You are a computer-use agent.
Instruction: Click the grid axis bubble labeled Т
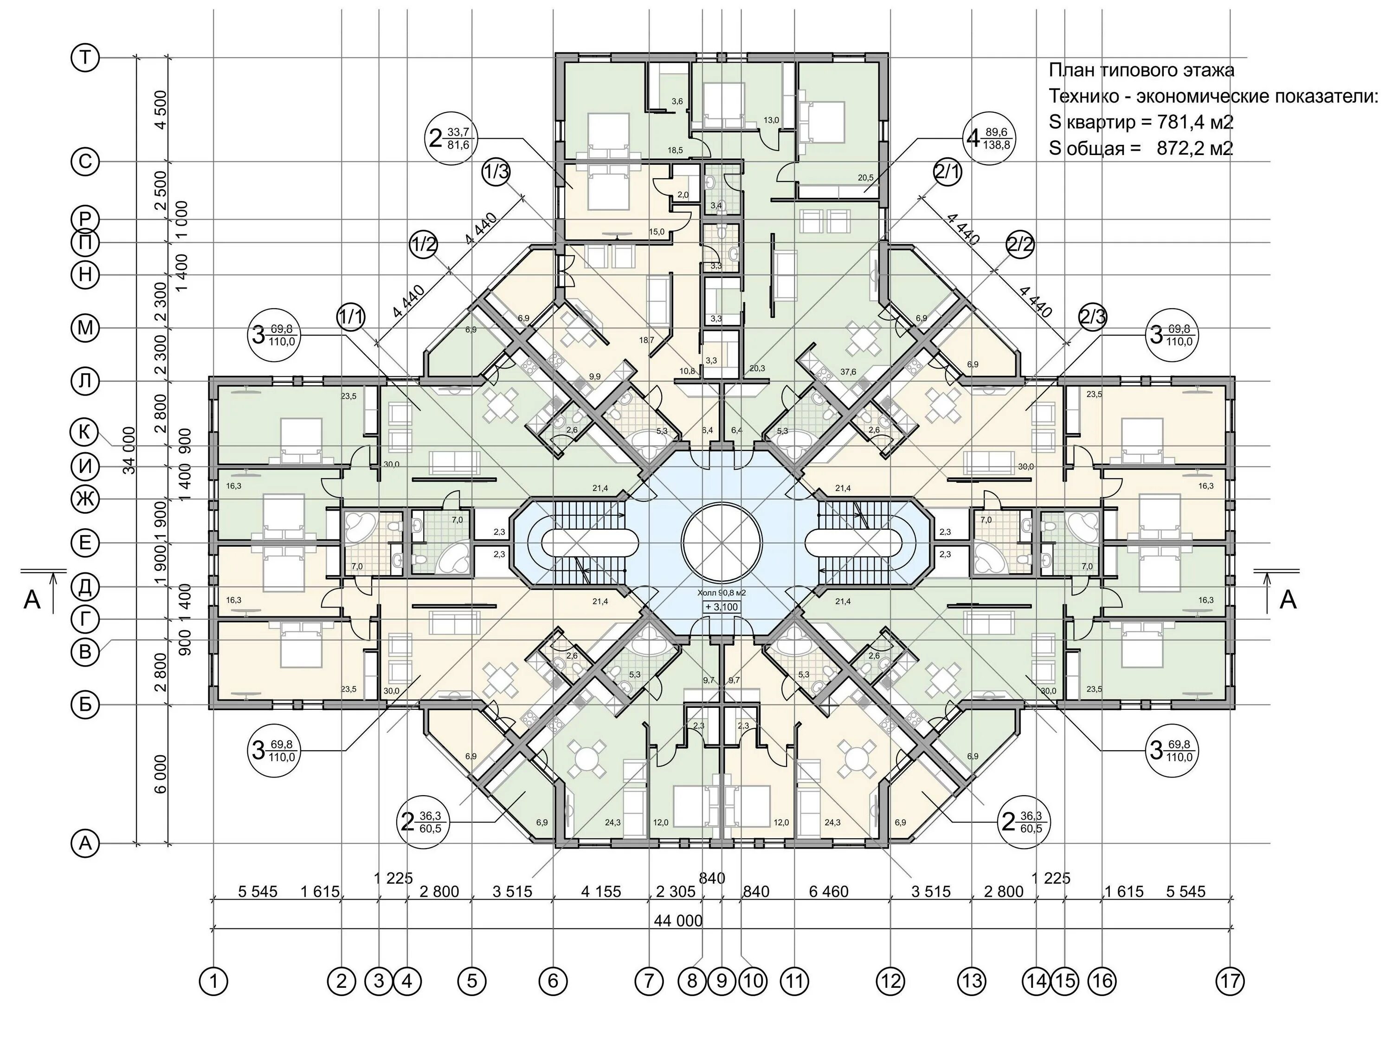[x=85, y=58]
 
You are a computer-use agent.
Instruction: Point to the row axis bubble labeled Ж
[x=85, y=500]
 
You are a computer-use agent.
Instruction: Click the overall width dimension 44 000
[x=678, y=921]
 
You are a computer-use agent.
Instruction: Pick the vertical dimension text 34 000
[x=129, y=450]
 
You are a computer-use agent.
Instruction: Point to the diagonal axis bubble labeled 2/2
[x=1020, y=244]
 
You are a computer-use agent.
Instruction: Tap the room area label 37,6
[x=848, y=372]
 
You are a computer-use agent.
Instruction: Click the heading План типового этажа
[x=1141, y=70]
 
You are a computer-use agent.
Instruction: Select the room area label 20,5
[x=866, y=178]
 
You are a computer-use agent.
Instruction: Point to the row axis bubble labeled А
[x=85, y=843]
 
